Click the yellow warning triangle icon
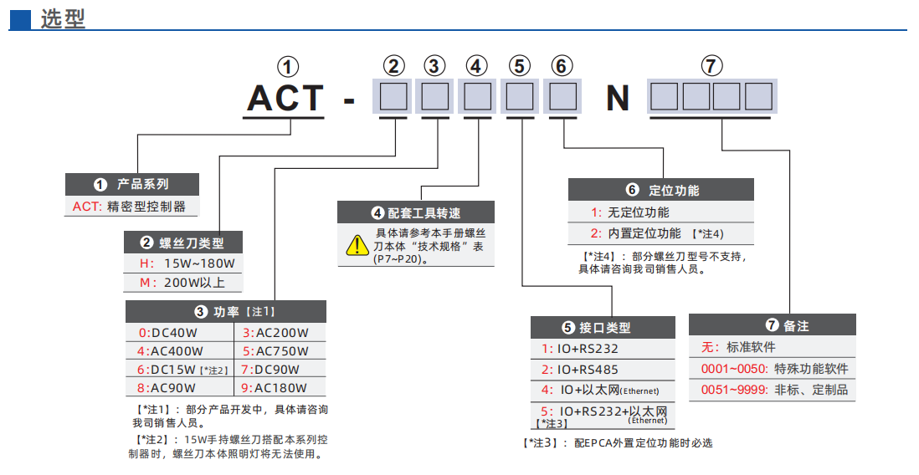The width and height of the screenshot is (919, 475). (x=357, y=245)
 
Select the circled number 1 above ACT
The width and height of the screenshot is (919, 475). (x=287, y=67)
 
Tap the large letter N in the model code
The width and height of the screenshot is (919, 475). (x=618, y=99)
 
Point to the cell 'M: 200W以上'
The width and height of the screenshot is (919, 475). (x=182, y=283)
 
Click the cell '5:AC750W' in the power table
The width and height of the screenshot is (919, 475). (x=275, y=351)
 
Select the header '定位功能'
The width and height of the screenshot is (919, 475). (x=661, y=190)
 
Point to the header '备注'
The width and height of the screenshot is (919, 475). (x=773, y=325)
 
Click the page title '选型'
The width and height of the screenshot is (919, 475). (x=63, y=18)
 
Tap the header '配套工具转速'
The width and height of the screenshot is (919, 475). (x=416, y=212)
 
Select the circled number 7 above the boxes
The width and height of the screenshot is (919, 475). (x=711, y=67)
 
